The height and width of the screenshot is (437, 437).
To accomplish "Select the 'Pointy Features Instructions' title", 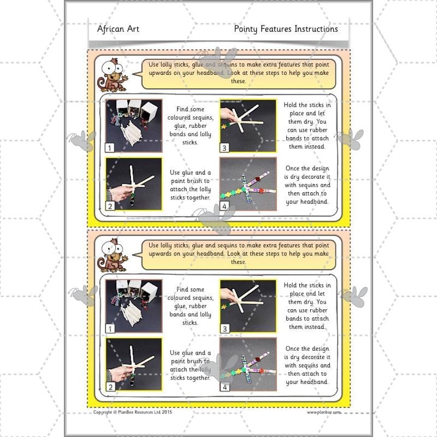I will pos(286,29).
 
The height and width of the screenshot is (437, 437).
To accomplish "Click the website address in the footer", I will pos(323,412).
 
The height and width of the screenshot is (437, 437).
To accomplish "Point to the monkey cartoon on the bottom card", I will pos(111,256).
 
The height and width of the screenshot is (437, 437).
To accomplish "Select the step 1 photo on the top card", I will pos(133,125).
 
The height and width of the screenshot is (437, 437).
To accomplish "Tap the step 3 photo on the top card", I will pos(245,125).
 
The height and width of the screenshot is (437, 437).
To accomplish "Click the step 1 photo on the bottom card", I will pos(133,306).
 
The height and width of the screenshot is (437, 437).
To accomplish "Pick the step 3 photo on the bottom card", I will pos(245,306).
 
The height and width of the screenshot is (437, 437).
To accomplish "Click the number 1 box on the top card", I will pos(110,147).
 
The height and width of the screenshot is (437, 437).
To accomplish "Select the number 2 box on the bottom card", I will pos(110,387).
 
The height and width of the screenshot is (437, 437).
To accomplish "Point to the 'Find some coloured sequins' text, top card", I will pos(190,125).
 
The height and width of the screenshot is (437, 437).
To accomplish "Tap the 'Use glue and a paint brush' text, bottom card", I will pos(190,365).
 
